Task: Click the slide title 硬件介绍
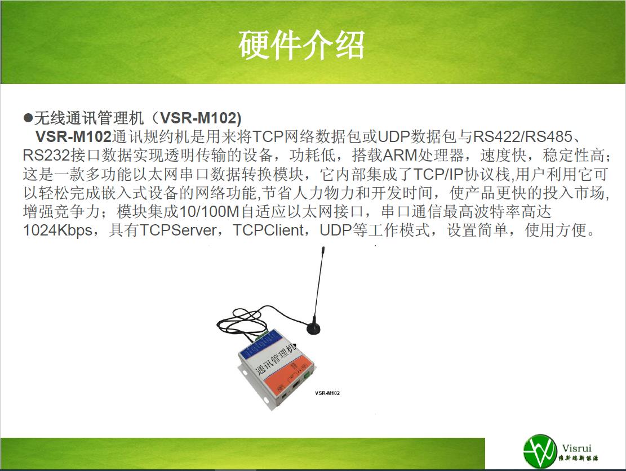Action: (301, 45)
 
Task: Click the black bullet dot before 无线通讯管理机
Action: (28, 118)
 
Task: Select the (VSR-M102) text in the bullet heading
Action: (197, 118)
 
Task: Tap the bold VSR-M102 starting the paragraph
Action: (73, 136)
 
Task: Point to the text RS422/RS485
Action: (523, 136)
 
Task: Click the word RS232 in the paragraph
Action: (47, 155)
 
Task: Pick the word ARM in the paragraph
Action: (399, 155)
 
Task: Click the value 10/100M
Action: (210, 211)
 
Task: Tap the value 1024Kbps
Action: (58, 230)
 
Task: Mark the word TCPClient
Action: (268, 230)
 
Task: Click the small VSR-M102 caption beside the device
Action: (327, 393)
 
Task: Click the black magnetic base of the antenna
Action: (313, 327)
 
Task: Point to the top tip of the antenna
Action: (323, 248)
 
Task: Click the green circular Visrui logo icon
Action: (540, 451)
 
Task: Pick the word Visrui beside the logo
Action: (577, 448)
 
